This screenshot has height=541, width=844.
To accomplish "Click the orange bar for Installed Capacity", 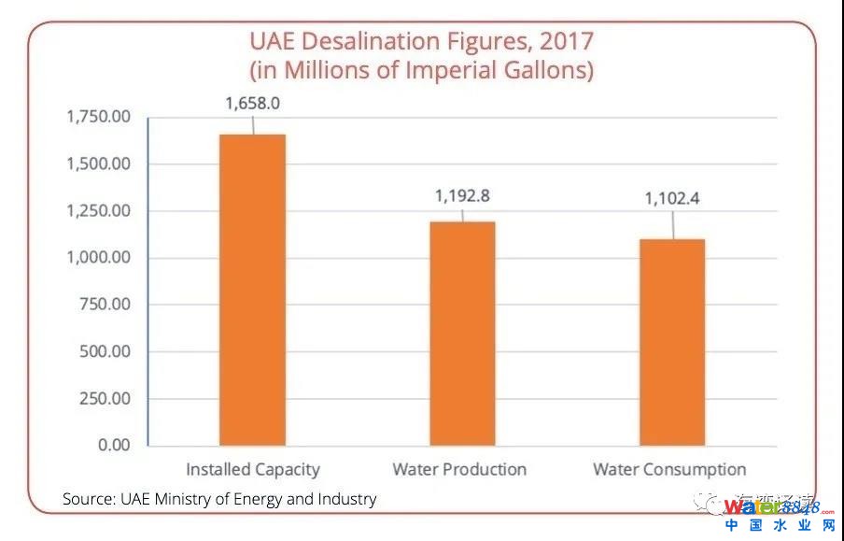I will [x=252, y=290].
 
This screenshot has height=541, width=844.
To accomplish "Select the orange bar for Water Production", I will [x=462, y=333].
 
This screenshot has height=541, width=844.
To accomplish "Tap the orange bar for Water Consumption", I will [x=672, y=342].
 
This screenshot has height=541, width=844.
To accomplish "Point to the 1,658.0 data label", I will [x=252, y=104].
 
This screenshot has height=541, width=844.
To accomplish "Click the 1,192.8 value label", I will [x=462, y=196].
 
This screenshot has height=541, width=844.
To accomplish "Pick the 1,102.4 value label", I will [x=672, y=198].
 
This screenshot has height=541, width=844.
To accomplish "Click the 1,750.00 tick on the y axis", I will [x=98, y=117].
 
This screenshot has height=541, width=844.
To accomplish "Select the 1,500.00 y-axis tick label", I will [x=98, y=164].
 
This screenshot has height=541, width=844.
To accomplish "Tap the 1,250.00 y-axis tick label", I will [x=98, y=210].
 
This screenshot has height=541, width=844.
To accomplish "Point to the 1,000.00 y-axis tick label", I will [x=98, y=258].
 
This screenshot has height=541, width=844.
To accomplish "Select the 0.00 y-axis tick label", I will [x=114, y=445].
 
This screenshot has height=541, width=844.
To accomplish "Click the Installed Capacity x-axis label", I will [x=252, y=469].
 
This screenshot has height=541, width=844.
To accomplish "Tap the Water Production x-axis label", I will [x=459, y=469].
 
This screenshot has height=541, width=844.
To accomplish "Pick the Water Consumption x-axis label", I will [x=669, y=469].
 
